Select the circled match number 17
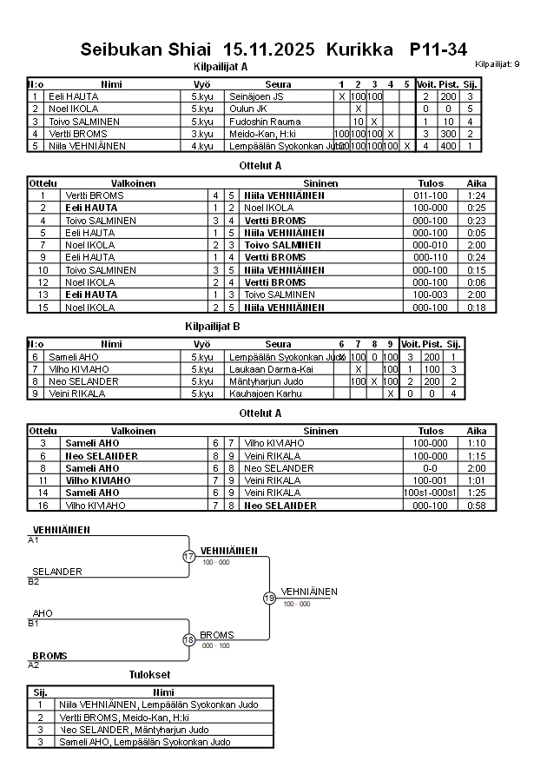coord(189,556)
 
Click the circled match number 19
coord(269,598)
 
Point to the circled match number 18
coord(189,639)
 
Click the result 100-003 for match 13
coord(431,294)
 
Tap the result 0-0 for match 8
coord(431,468)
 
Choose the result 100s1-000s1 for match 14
coord(431,493)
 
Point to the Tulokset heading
coord(149,674)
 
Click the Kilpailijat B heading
coord(213,326)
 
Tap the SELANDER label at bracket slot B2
coord(57,572)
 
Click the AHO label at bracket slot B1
coord(43,613)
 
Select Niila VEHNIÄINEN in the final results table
coord(104,705)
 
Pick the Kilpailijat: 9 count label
coord(498,64)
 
